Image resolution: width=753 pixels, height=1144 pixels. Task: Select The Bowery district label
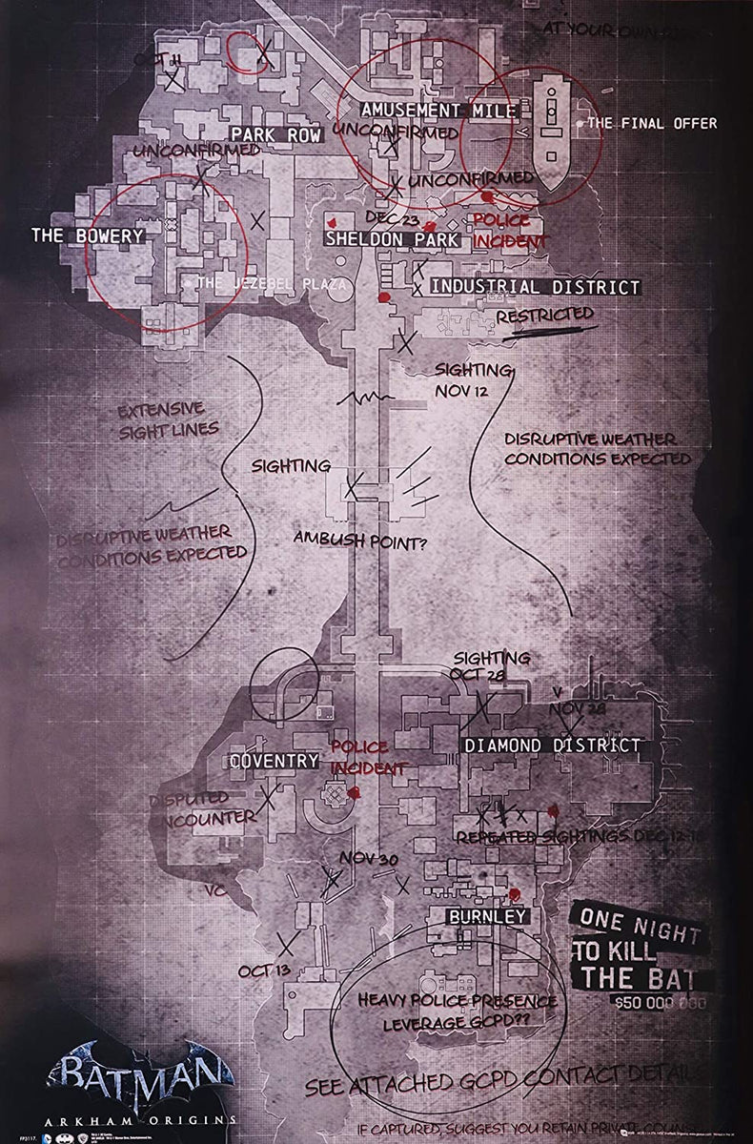[88, 235]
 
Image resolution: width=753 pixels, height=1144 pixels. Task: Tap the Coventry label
[275, 761]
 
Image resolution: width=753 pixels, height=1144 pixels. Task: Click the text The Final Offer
[652, 123]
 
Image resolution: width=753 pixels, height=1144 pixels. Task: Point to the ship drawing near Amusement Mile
[552, 129]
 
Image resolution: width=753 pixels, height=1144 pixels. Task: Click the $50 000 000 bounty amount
[661, 1003]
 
